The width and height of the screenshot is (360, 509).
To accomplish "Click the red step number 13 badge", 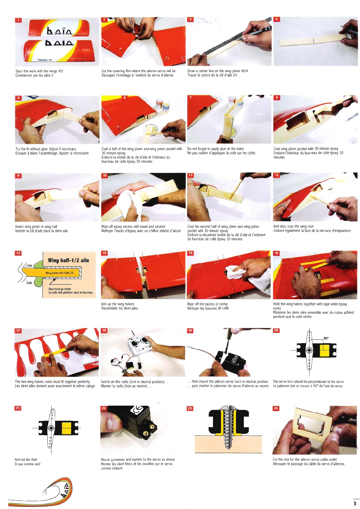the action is click(x=18, y=253).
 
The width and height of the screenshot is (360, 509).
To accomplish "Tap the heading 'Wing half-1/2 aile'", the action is click(x=68, y=261).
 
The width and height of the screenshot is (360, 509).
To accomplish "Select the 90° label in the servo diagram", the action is click(x=326, y=338).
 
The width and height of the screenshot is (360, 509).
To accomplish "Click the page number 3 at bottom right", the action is click(x=355, y=503).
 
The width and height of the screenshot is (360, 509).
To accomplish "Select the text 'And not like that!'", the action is click(x=26, y=459).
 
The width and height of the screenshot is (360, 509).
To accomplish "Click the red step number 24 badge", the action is click(x=276, y=408).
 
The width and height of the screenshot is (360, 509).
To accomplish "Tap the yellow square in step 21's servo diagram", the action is click(x=67, y=428).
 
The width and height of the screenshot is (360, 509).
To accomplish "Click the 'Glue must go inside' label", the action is click(x=60, y=289).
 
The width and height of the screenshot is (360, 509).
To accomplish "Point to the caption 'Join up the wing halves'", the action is click(x=118, y=304).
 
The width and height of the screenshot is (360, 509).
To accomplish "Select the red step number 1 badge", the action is click(x=18, y=20).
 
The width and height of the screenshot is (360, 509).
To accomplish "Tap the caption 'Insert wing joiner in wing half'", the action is click(x=36, y=227).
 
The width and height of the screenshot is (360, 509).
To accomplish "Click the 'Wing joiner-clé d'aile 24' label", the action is click(x=60, y=273).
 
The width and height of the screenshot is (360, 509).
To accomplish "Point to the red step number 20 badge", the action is click(x=276, y=331).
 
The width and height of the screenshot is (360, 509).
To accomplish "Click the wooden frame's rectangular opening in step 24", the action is click(x=314, y=424).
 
